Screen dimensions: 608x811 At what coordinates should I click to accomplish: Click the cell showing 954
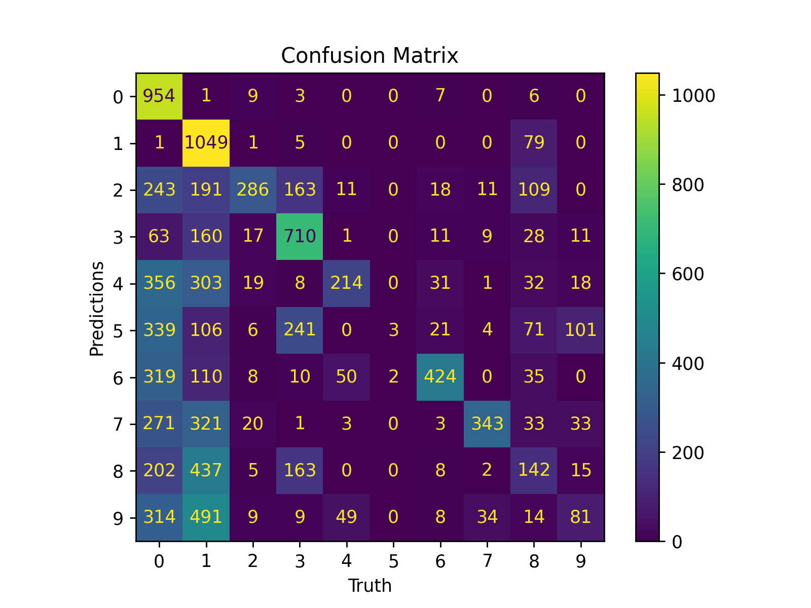click(159, 96)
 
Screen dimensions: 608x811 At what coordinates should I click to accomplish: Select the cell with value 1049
click(206, 143)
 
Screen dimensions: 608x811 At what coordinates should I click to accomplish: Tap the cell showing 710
click(300, 236)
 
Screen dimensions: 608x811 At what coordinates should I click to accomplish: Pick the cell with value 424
click(440, 376)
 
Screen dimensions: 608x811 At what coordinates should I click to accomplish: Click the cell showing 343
click(487, 423)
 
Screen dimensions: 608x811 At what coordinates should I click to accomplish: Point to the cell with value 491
click(206, 517)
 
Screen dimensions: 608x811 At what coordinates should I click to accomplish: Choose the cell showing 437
click(206, 470)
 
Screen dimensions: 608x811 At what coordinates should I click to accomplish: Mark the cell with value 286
click(253, 189)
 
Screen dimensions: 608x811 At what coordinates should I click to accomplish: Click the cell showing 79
click(534, 143)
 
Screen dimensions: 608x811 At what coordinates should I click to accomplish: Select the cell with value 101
click(581, 330)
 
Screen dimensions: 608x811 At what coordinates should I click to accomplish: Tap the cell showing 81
click(581, 517)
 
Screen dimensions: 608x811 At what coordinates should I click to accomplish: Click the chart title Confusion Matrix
click(370, 56)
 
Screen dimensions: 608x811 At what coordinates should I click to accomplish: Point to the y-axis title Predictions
click(96, 308)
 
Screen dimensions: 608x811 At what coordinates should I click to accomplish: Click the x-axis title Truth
click(370, 586)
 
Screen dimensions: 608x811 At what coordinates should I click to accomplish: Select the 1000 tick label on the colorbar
click(693, 96)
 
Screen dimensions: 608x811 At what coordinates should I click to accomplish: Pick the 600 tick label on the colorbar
click(688, 274)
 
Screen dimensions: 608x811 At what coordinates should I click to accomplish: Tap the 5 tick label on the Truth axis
click(393, 561)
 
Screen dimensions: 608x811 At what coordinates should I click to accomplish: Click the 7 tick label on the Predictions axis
click(118, 424)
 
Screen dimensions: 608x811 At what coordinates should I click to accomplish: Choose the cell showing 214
click(347, 283)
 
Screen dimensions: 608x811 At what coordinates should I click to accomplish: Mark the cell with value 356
click(159, 283)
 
